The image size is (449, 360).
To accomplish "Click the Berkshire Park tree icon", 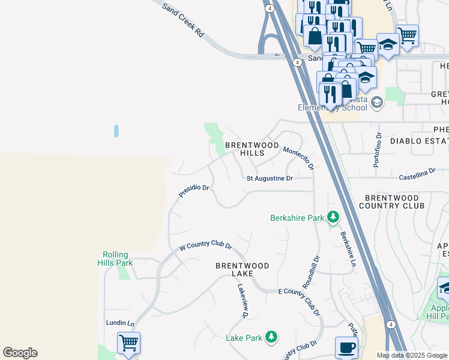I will [x=333, y=217].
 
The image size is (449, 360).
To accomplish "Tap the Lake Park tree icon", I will [x=271, y=337].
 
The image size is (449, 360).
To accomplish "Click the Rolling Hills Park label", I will [x=116, y=259].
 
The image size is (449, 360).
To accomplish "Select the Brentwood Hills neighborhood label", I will [x=252, y=149].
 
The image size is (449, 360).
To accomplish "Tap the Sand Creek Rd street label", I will [x=184, y=20].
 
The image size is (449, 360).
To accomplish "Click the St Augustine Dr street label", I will [x=270, y=178].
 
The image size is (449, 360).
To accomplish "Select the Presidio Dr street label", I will [x=193, y=191].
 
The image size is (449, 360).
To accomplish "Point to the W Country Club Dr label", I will [x=205, y=245].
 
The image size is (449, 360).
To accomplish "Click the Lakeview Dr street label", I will [x=243, y=301].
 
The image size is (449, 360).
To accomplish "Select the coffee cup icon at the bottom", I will [x=346, y=348].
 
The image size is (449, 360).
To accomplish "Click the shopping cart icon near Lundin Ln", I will [x=128, y=343].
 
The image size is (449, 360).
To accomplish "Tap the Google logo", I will [x=20, y=353].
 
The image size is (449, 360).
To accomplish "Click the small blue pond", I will [x=116, y=131].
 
